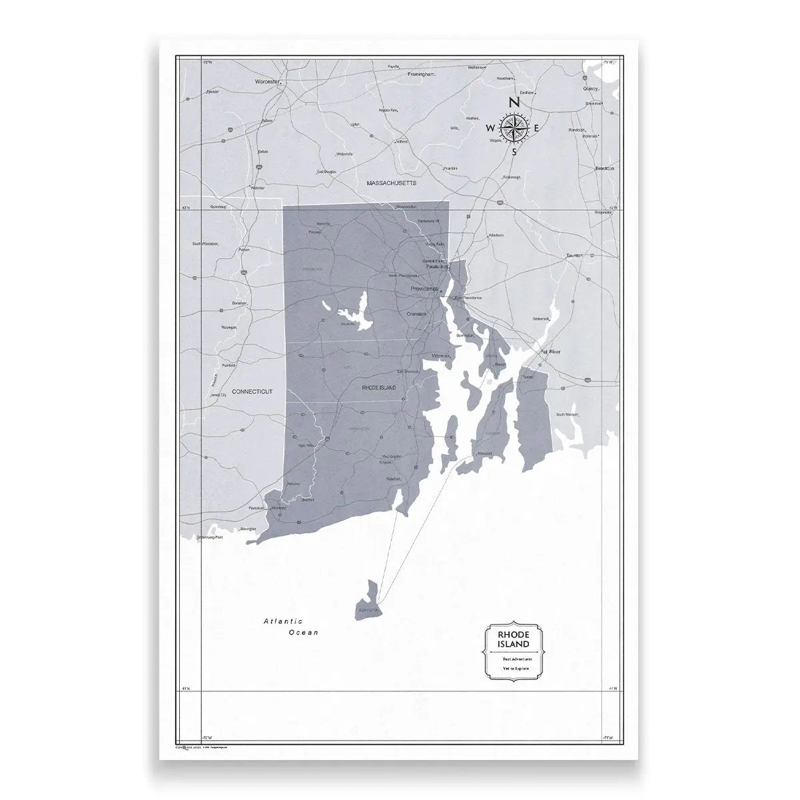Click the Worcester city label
coord(266,81)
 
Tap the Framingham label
coord(421,75)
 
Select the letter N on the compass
coord(514,103)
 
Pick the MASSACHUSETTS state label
coord(392,182)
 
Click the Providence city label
coord(424,289)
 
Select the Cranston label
coord(416,313)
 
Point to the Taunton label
coord(574,255)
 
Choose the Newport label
coord(484,454)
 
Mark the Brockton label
coord(604,169)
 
